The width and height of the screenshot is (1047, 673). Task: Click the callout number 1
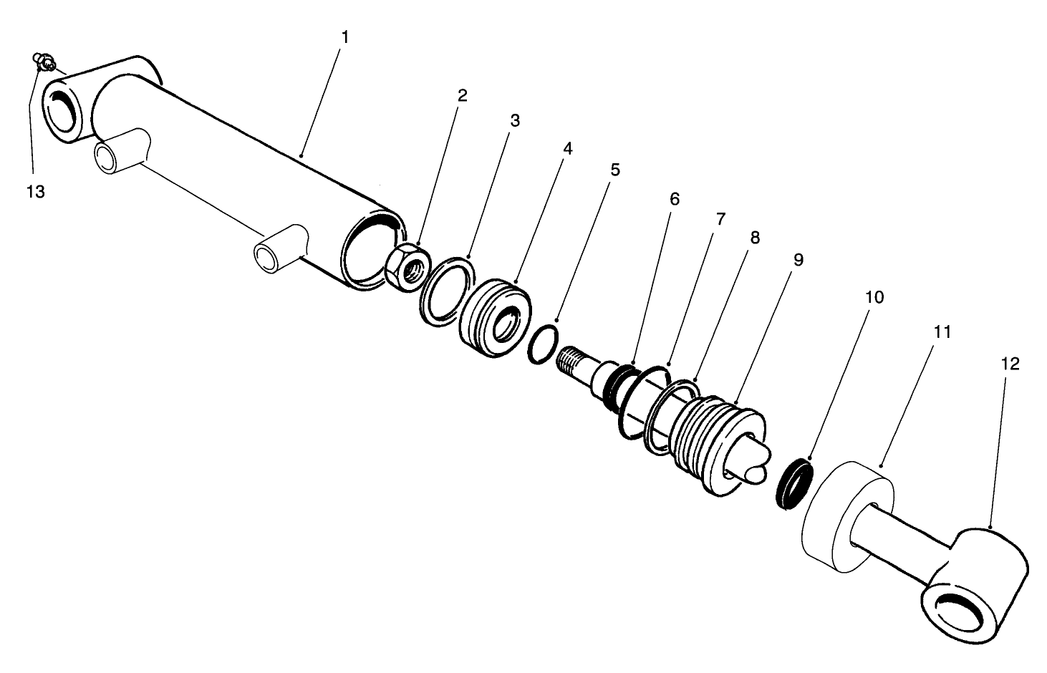[x=344, y=37]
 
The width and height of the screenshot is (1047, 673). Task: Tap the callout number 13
[x=35, y=192]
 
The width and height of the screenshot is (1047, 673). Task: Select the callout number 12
[x=1010, y=364]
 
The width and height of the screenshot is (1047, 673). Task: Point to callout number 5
[x=614, y=170]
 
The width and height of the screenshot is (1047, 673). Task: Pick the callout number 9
[x=798, y=259]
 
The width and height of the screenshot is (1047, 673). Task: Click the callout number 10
[x=874, y=296]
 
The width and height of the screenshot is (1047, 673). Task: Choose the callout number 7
[x=720, y=218]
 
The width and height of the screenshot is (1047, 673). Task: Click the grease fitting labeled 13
[x=44, y=63]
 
